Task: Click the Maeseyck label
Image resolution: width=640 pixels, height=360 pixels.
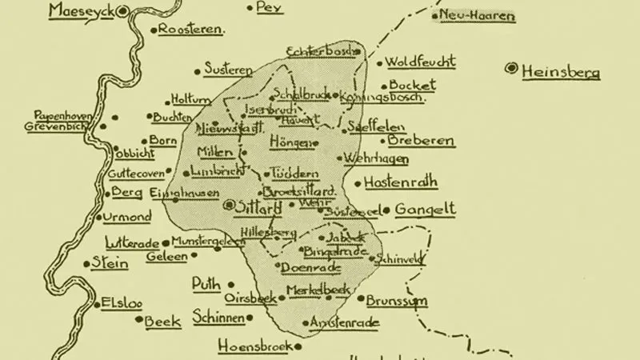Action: coord(81,11)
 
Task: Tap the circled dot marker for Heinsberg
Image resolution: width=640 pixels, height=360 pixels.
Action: coord(510,70)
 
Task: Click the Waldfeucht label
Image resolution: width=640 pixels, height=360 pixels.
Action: coord(421,62)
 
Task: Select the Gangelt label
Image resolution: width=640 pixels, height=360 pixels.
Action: coord(425,210)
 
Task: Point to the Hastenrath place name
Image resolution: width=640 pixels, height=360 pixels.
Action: coord(401,182)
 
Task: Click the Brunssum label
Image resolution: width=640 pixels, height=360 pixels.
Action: coord(397,302)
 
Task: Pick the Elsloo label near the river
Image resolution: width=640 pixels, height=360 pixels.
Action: coord(118,304)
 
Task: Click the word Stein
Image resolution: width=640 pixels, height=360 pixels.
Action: coord(110,262)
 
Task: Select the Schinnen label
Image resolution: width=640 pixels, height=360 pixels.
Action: coord(218,318)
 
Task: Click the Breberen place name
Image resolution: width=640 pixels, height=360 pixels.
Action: coord(422,141)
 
